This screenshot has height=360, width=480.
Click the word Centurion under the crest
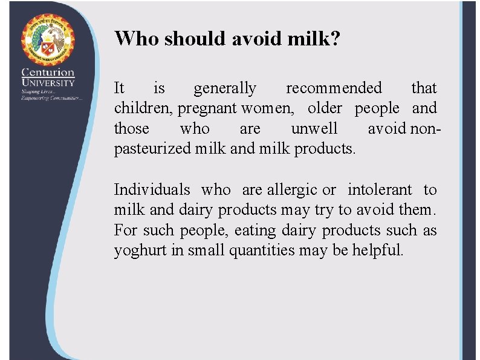point(48,73)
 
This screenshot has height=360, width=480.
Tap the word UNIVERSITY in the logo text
point(48,83)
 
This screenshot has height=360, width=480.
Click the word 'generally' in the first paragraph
point(225,88)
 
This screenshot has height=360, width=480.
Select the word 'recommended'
point(334,88)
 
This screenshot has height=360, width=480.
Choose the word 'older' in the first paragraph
point(325,108)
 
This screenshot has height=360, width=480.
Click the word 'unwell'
point(314,129)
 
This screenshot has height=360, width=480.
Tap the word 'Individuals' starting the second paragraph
point(152,190)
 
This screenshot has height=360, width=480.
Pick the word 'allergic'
point(293,190)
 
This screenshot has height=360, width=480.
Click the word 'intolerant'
point(380,190)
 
